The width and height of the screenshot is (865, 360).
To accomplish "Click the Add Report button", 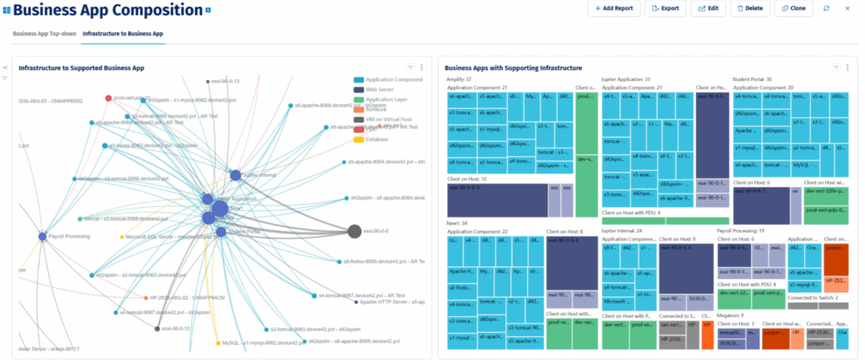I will pos(612,8).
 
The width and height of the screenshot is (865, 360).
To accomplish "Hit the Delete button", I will pos(750,8).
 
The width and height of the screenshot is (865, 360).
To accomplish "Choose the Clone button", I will pos(793,8).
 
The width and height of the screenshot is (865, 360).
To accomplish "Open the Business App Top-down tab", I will pos(44,34).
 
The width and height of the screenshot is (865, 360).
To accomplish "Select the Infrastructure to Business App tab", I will pos(123,34).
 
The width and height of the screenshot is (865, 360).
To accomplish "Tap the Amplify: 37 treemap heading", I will pos(460,79).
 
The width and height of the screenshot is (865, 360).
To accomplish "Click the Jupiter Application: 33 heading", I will pos(626,79).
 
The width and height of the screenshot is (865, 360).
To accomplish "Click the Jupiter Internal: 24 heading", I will pos(622,230).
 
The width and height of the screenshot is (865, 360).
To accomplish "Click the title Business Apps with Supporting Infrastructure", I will pos(513,67).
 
